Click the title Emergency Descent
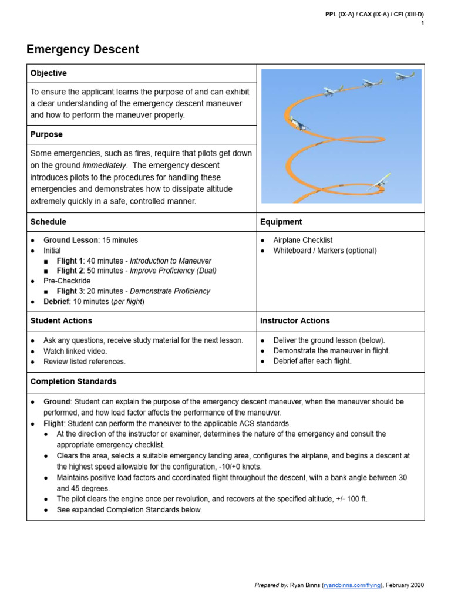point(83,50)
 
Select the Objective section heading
point(48,73)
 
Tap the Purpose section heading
point(46,134)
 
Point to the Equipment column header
point(281,222)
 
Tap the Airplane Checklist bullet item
point(303,240)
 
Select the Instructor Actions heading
point(295,321)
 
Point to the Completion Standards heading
point(73,381)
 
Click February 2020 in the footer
point(404,585)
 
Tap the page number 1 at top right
point(422,23)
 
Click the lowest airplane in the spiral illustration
point(379,181)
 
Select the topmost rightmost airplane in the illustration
point(405,76)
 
